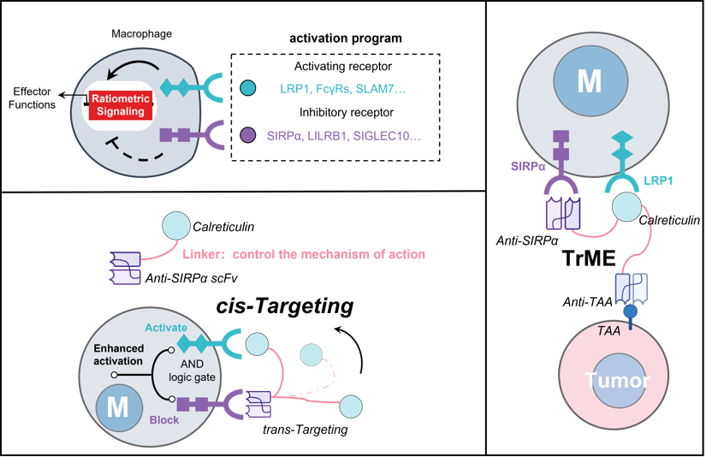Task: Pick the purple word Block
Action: pyautogui.click(x=166, y=421)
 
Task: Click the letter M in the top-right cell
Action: pyautogui.click(x=589, y=81)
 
